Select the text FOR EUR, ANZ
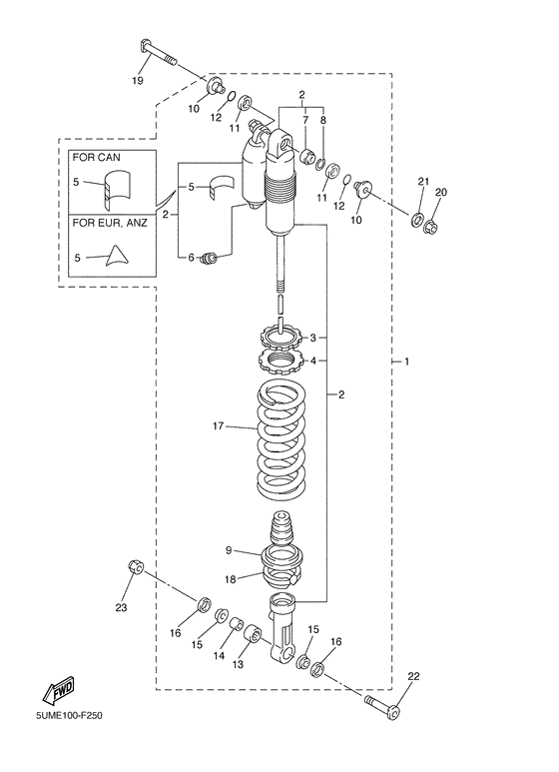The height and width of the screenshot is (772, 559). tap(109, 223)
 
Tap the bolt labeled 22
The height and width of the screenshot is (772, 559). tap(384, 710)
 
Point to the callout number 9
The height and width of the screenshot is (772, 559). tap(229, 549)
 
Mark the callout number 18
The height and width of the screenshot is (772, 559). tap(229, 579)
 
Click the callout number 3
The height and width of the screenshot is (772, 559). tap(312, 338)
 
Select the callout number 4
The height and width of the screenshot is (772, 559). tap(312, 361)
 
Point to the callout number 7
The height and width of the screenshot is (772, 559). tap(307, 120)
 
